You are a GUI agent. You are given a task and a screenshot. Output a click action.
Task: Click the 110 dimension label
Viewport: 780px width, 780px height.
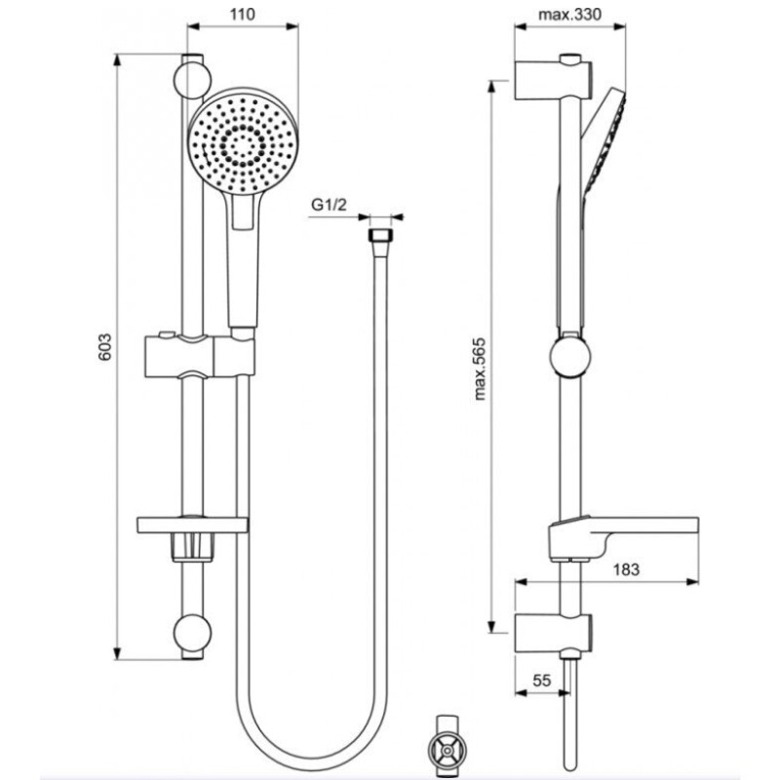point(242,15)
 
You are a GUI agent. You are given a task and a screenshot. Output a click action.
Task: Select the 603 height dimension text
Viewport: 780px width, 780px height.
point(104,347)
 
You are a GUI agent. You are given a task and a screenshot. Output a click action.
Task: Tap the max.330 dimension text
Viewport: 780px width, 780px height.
point(569,15)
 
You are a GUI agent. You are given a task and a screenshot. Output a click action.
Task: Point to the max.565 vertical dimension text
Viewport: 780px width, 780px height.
point(480,370)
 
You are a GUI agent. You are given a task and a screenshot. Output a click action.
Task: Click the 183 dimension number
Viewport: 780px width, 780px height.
point(626,569)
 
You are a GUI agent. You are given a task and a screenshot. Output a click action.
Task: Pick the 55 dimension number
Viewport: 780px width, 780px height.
point(542,680)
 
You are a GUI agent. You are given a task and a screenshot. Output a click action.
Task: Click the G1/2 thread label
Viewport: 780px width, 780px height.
point(329,205)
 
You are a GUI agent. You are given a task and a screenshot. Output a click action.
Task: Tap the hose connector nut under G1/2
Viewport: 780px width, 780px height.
point(381,236)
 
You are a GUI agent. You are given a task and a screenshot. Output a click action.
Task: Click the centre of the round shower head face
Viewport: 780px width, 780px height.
point(243,144)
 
